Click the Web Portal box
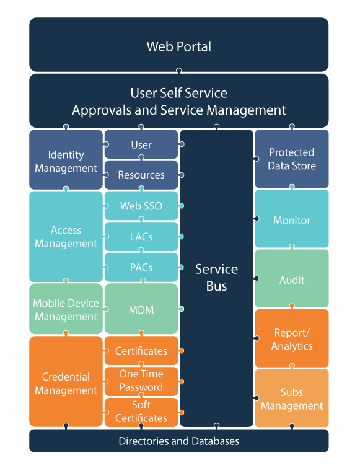(x=179, y=45)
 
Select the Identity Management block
(x=66, y=160)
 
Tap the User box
(x=141, y=144)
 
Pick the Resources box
(x=141, y=175)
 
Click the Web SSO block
(x=141, y=206)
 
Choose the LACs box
(x=141, y=237)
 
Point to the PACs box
(x=141, y=267)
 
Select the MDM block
(x=141, y=309)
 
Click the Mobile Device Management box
(x=66, y=309)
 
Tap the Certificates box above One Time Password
(x=141, y=350)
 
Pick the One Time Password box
(x=141, y=381)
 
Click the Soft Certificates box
(x=141, y=412)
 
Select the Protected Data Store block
(x=292, y=159)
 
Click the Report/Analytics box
(x=292, y=338)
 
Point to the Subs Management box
(x=292, y=398)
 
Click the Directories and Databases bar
(x=179, y=441)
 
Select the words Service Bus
(x=216, y=278)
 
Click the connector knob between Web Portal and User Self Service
(x=179, y=71)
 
